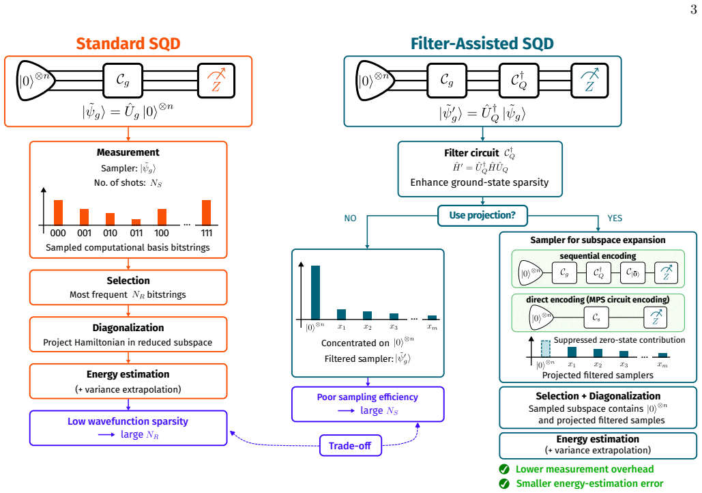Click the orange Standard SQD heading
pyautogui.click(x=128, y=44)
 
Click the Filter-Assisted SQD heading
pyautogui.click(x=482, y=44)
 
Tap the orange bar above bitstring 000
pyautogui.click(x=58, y=212)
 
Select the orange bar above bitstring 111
pyautogui.click(x=207, y=212)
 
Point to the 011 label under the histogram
pyautogui.click(x=136, y=233)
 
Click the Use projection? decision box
pyautogui.click(x=482, y=216)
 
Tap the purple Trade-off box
pyautogui.click(x=351, y=445)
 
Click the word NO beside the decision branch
pyautogui.click(x=350, y=219)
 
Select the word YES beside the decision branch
pyautogui.click(x=615, y=219)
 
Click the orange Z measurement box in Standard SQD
pyautogui.click(x=216, y=81)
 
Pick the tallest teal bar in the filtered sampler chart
pyautogui.click(x=315, y=292)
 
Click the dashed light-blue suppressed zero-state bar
pyautogui.click(x=545, y=349)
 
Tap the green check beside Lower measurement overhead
pyautogui.click(x=504, y=469)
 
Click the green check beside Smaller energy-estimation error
pyautogui.click(x=504, y=483)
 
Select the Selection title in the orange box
pyautogui.click(x=128, y=281)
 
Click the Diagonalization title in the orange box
pyautogui.click(x=128, y=328)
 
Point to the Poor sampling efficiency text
pyautogui.click(x=368, y=397)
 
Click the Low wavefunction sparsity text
pyautogui.click(x=128, y=421)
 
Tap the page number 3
pyautogui.click(x=694, y=10)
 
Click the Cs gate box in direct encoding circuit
pyautogui.click(x=596, y=318)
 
